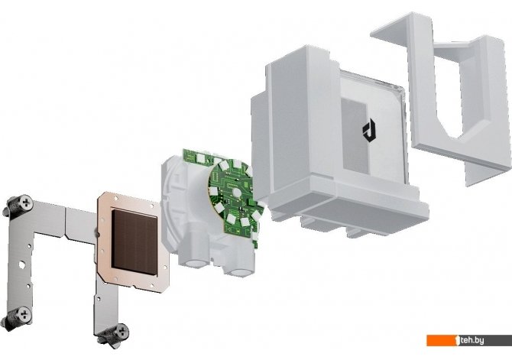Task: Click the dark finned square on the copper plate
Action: (134, 242)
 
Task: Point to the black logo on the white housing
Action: (369, 131)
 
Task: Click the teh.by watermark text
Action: (471, 340)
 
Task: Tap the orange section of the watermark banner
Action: (442, 340)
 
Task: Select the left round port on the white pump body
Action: (196, 263)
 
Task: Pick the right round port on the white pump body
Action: (239, 272)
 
